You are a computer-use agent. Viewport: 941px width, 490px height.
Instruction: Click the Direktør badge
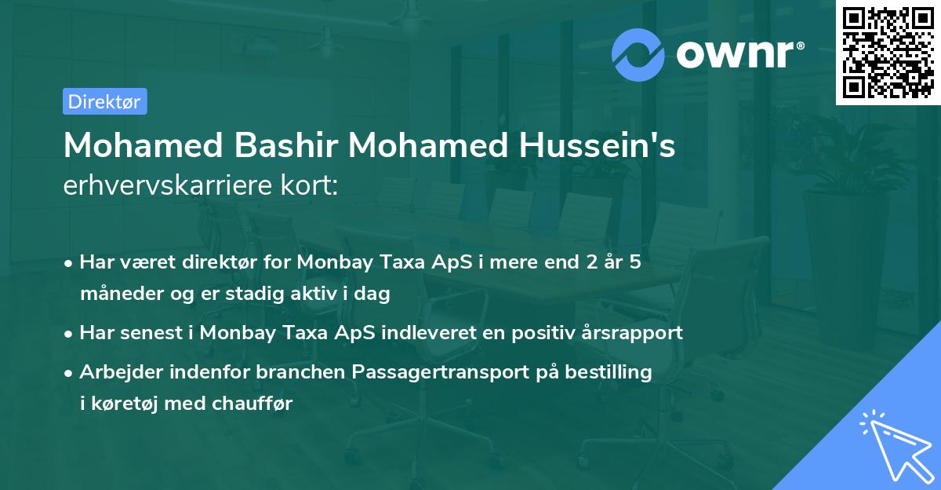(104, 101)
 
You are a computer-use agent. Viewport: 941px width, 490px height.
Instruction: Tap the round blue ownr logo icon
(638, 54)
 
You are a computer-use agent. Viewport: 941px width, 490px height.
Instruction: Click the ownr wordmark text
(737, 53)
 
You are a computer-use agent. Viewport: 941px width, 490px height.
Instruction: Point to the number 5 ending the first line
(634, 261)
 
